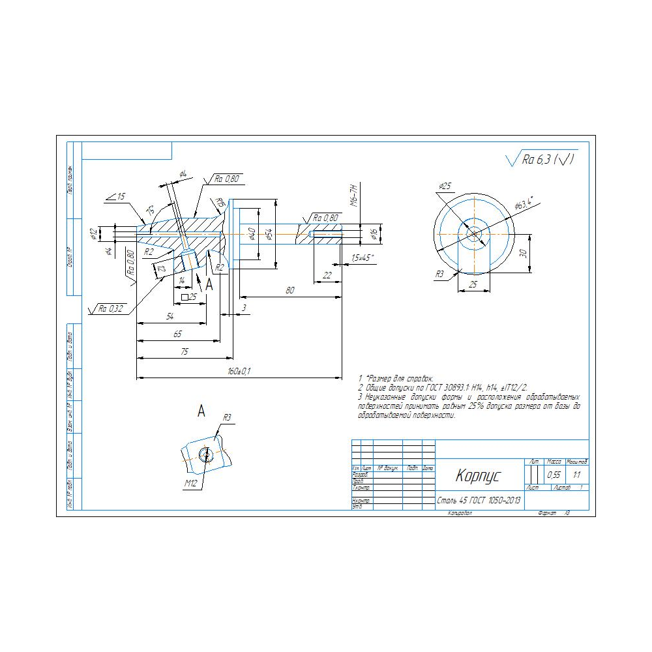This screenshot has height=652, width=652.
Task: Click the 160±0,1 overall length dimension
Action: (x=239, y=372)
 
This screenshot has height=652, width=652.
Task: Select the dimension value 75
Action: (x=185, y=352)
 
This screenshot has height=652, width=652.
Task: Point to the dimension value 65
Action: (x=177, y=334)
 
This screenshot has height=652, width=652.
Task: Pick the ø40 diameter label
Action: (x=251, y=233)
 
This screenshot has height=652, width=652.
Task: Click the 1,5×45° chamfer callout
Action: (x=363, y=258)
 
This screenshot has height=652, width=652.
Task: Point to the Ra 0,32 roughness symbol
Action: (x=111, y=308)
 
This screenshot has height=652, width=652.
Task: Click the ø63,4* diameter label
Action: (x=524, y=203)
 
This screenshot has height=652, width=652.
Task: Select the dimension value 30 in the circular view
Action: (x=523, y=254)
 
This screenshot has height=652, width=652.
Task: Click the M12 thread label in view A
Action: (x=190, y=483)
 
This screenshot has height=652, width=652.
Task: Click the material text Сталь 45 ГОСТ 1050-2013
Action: (x=479, y=501)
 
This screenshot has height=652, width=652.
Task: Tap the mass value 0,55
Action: (x=554, y=475)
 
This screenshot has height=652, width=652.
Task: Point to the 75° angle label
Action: (x=151, y=211)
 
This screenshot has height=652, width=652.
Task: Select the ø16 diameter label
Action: (x=374, y=233)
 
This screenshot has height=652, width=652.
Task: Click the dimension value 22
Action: (x=327, y=276)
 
